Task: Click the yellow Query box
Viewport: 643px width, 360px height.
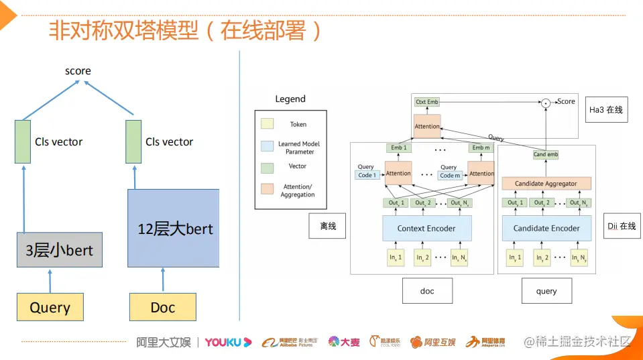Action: [50, 307]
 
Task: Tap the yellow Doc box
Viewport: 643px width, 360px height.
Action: [162, 307]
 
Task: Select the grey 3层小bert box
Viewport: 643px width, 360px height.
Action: [59, 251]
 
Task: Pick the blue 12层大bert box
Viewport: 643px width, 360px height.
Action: [173, 228]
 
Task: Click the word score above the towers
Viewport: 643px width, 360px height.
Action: [78, 71]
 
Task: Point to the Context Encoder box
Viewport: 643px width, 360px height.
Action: [426, 229]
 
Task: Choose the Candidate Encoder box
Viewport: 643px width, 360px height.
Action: [546, 229]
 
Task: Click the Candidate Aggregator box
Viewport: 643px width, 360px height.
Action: [546, 184]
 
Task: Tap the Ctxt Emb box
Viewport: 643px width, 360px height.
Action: [426, 102]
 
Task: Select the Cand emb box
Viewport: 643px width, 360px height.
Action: [545, 155]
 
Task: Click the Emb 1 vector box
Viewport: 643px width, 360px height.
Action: [398, 147]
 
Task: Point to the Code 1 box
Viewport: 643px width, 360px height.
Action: [367, 175]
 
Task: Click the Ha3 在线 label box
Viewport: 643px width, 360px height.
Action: [606, 109]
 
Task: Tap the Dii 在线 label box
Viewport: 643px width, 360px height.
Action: [622, 227]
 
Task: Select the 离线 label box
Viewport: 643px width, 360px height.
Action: [327, 227]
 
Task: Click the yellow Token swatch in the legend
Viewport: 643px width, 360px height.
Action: [268, 124]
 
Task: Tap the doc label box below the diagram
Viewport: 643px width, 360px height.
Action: [426, 291]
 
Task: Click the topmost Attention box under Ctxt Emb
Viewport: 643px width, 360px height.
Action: [427, 126]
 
